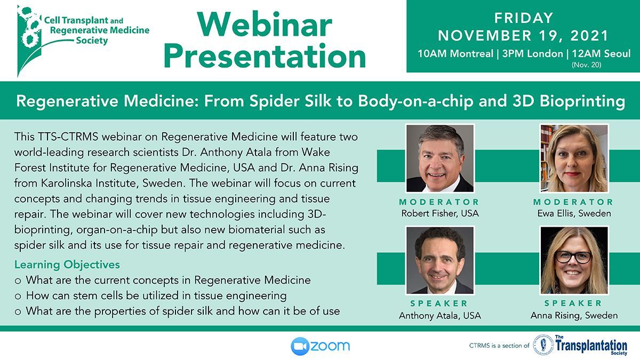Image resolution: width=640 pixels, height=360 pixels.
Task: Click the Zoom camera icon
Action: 300,346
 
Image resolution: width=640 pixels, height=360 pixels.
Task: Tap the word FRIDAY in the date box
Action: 524,18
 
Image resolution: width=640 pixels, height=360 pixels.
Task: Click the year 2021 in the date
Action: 589,36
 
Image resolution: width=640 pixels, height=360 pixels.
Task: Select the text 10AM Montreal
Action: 455,54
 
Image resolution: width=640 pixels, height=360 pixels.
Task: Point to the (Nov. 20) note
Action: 587,65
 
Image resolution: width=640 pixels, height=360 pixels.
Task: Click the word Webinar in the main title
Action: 265,25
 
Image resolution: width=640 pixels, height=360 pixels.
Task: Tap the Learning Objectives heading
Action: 67,265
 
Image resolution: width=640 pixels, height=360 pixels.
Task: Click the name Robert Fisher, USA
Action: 440,213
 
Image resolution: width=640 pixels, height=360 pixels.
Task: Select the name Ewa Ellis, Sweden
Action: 574,213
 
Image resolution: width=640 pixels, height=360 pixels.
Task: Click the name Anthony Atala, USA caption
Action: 440,315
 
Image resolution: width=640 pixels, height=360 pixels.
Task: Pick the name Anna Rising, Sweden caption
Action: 574,315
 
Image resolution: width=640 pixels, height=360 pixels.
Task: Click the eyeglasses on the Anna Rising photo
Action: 573,257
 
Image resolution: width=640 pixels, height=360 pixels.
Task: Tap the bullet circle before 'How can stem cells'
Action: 18,297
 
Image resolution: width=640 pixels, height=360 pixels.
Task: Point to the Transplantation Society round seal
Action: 543,345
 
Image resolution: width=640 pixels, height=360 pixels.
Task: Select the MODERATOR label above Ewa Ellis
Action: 573,202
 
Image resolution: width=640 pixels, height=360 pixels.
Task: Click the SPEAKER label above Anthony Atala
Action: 439,303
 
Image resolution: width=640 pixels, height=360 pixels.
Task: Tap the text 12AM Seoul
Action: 601,54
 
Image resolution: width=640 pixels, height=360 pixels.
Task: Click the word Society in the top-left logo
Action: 92,41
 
